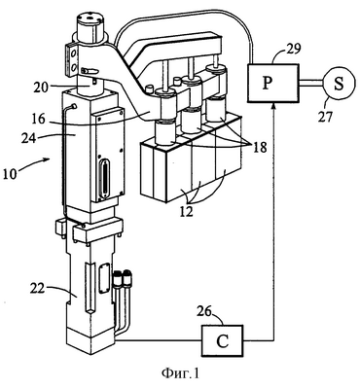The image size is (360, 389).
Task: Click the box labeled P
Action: [273, 83]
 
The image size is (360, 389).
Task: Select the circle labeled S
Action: [339, 83]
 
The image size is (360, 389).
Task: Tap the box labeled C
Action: [223, 340]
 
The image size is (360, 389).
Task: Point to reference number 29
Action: [293, 50]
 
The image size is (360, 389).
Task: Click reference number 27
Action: [325, 116]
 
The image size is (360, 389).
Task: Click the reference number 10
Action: [11, 173]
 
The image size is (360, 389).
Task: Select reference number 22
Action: [37, 288]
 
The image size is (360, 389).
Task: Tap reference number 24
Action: [30, 138]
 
